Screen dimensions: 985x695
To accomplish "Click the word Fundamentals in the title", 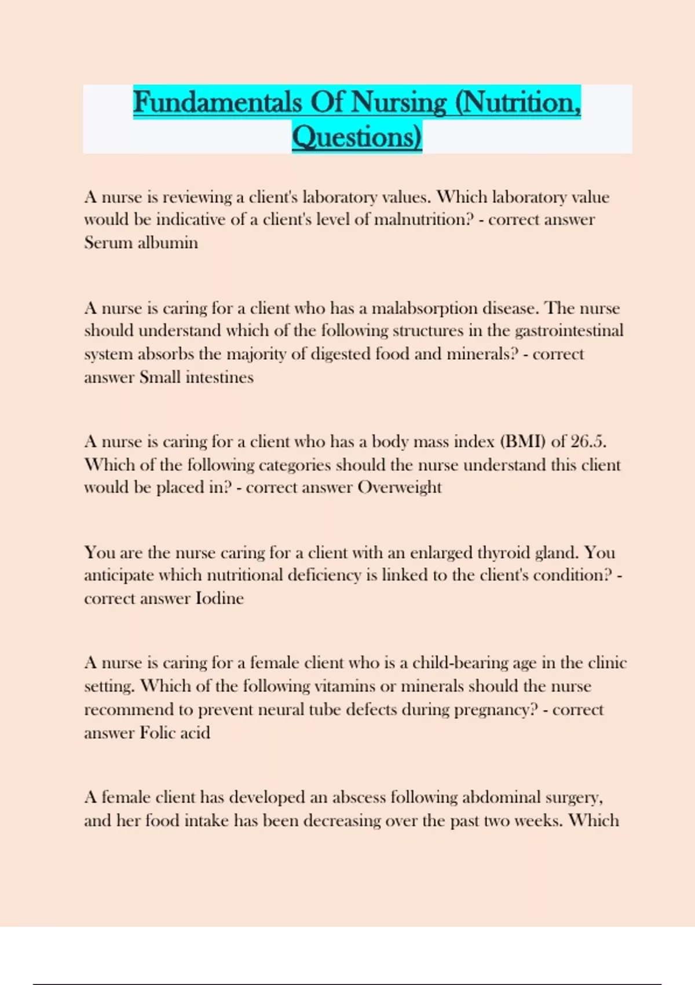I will pos(217,103).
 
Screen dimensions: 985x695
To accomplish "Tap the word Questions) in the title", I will pos(357,137).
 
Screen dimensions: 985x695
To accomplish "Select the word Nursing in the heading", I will pos(399,103).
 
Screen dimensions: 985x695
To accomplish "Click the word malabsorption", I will pos(425,308).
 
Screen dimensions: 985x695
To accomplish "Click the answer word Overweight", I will pos(399,488).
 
